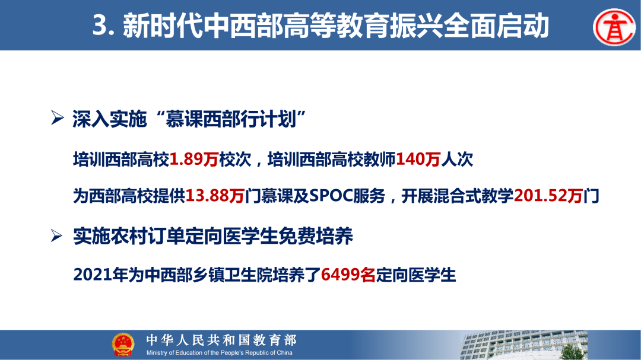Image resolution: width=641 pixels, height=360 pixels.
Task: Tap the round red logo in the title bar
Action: point(614,27)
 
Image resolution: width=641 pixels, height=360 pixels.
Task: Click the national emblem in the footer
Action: point(123,345)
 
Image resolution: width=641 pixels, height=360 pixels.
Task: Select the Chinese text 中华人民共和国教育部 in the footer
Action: point(221,340)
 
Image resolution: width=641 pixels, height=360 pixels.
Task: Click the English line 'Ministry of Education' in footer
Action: point(220,353)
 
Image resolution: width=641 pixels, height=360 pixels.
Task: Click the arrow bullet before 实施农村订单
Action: point(58,237)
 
